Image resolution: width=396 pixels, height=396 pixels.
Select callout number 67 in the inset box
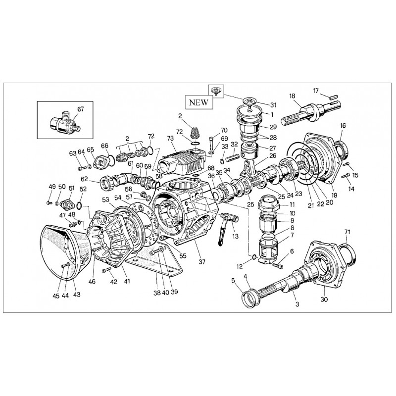click(x=81, y=109)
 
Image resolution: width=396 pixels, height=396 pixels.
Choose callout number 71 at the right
click(x=347, y=232)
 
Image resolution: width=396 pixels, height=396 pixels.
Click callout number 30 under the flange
click(x=324, y=299)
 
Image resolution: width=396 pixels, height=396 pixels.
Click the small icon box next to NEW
click(x=216, y=91)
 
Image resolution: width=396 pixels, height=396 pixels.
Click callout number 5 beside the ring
click(x=233, y=280)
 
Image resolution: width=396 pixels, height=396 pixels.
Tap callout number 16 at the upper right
click(x=343, y=126)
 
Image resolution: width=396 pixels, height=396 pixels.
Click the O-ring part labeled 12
click(x=253, y=256)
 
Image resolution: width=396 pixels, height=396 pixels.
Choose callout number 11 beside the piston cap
click(x=292, y=204)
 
